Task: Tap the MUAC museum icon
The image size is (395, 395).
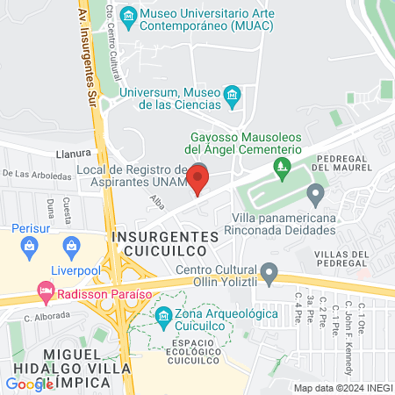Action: [129, 16]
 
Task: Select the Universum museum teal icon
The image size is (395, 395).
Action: [233, 95]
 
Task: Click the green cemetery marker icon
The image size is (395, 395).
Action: [281, 165]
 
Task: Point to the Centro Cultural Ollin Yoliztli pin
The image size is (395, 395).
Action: [269, 270]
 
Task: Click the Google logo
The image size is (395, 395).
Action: [30, 384]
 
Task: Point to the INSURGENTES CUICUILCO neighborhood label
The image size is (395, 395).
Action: [165, 244]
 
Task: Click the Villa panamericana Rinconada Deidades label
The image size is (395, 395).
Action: [284, 223]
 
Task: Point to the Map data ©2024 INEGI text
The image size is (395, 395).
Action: [341, 388]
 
